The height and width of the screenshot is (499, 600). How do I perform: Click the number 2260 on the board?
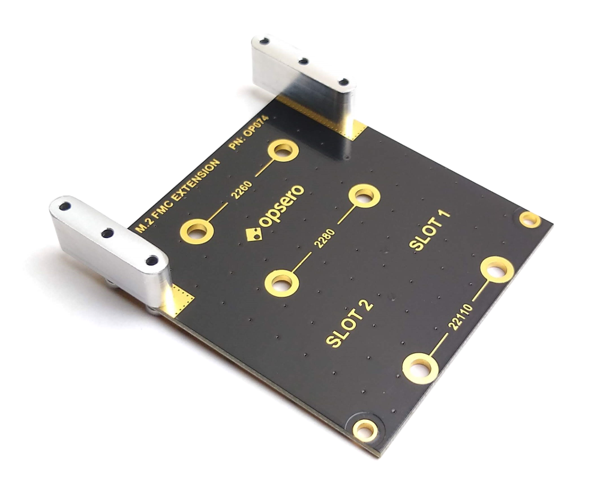(242, 190)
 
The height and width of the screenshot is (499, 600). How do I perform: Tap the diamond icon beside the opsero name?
(253, 234)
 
